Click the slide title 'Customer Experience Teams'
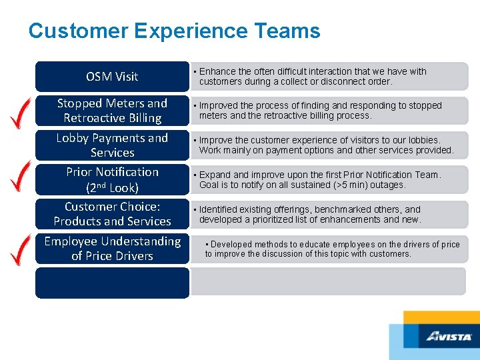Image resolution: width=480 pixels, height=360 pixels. click(x=174, y=31)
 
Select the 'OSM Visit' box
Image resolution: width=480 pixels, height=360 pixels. click(x=112, y=77)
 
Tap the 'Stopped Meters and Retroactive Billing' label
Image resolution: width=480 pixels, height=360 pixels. click(x=112, y=111)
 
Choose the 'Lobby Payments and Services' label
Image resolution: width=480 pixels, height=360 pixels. click(x=112, y=145)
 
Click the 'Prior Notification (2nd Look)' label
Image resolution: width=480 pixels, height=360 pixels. click(x=112, y=179)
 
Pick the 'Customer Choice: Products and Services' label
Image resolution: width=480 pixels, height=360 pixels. click(x=112, y=214)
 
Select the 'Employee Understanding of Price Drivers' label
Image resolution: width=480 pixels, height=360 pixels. click(x=112, y=248)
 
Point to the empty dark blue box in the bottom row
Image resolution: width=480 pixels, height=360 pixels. click(x=112, y=282)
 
